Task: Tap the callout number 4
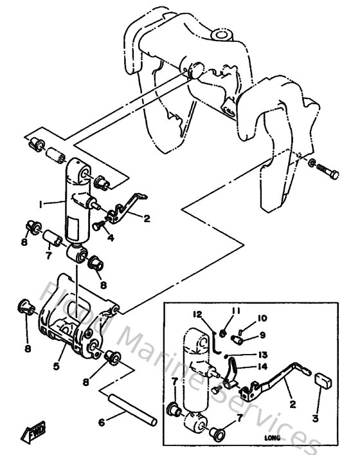(x=111, y=237)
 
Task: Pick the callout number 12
(x=199, y=315)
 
